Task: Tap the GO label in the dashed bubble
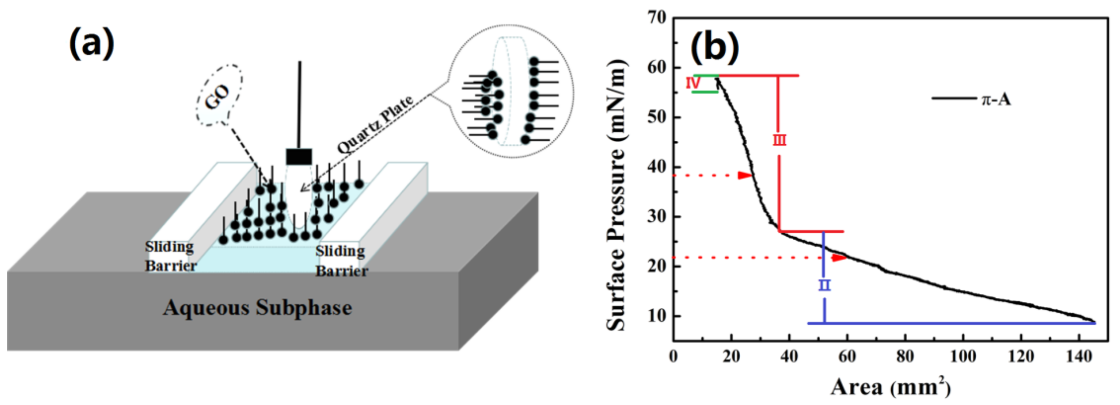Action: pyautogui.click(x=217, y=96)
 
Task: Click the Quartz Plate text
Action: pyautogui.click(x=375, y=125)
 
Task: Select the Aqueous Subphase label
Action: pyautogui.click(x=257, y=308)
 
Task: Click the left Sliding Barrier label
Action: pyautogui.click(x=170, y=256)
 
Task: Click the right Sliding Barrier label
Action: pyautogui.click(x=341, y=261)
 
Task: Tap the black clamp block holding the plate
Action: pyautogui.click(x=299, y=156)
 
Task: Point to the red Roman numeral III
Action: pyautogui.click(x=779, y=140)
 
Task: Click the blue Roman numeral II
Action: pyautogui.click(x=824, y=285)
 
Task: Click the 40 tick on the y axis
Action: pyautogui.click(x=656, y=167)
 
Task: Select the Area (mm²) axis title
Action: pyautogui.click(x=890, y=386)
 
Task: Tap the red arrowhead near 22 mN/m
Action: pyautogui.click(x=839, y=258)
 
